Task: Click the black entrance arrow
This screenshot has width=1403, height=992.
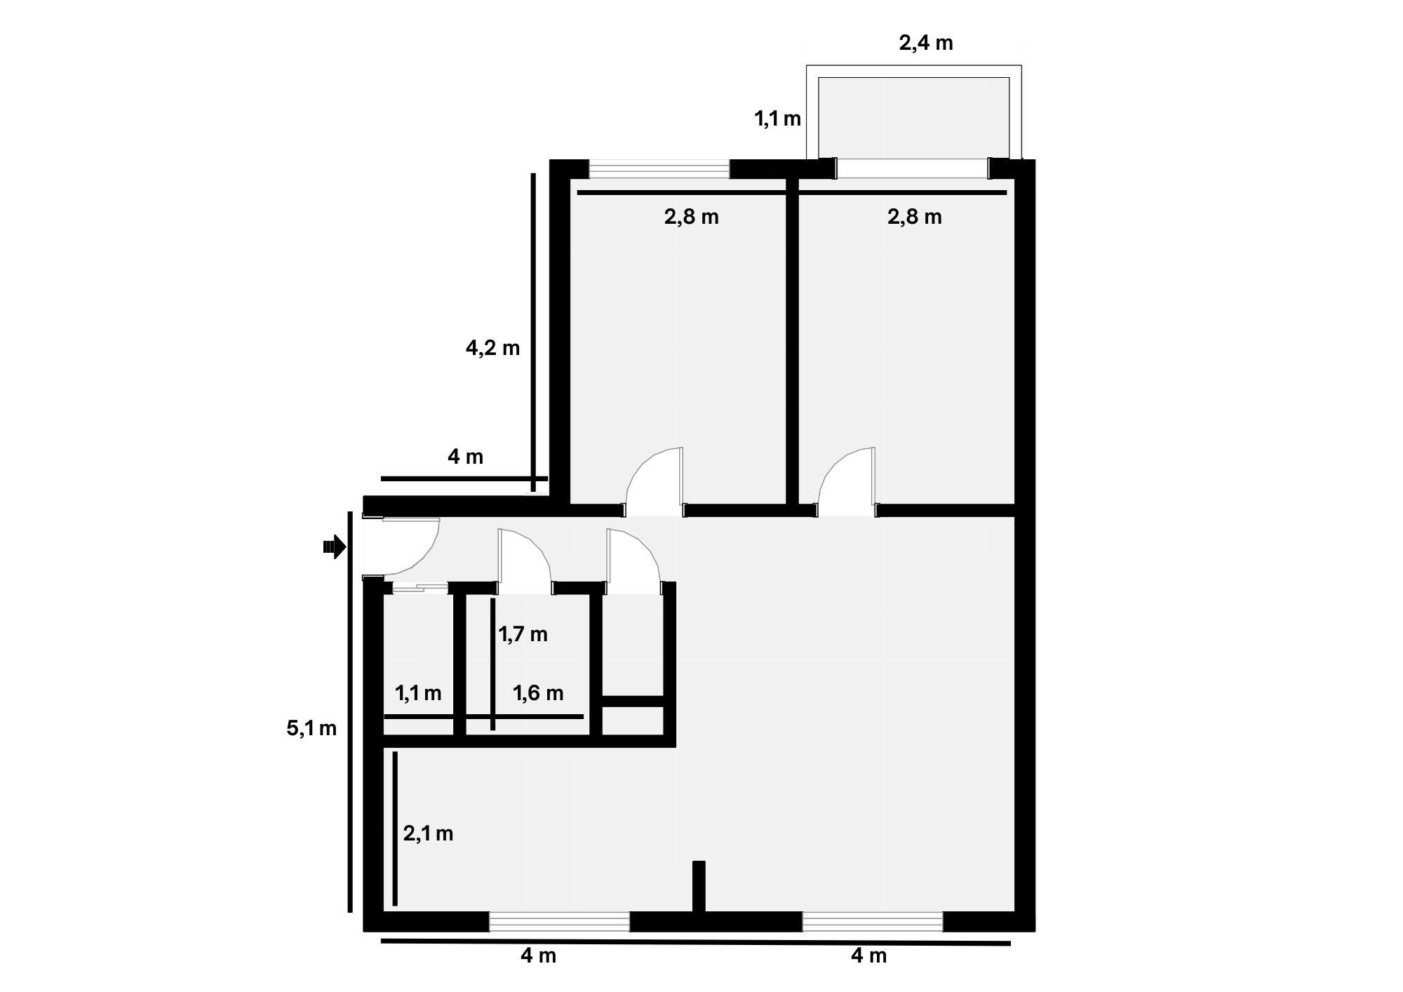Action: point(335,547)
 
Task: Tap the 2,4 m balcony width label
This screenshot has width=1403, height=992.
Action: point(926,43)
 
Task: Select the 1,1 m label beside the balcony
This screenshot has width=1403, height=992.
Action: point(777,119)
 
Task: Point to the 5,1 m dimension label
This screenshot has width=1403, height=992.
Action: point(311,728)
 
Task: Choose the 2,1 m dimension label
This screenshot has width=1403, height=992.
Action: point(428,833)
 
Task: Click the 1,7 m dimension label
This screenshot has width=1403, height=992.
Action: point(523,634)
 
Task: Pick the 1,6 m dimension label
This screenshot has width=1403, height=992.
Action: point(538,693)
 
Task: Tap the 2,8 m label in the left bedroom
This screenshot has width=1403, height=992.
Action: point(692,217)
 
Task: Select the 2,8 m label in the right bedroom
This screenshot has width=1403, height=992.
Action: point(915,217)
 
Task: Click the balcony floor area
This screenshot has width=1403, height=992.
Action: point(913,118)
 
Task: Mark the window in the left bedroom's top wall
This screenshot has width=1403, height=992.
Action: point(659,169)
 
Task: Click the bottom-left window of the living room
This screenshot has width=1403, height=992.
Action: point(559,922)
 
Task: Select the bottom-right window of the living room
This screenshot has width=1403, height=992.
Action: point(873,922)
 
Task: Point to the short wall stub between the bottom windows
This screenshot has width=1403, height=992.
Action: point(699,887)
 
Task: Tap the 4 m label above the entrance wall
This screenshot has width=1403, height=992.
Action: point(465,457)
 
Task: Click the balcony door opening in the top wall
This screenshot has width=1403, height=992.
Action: point(913,168)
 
